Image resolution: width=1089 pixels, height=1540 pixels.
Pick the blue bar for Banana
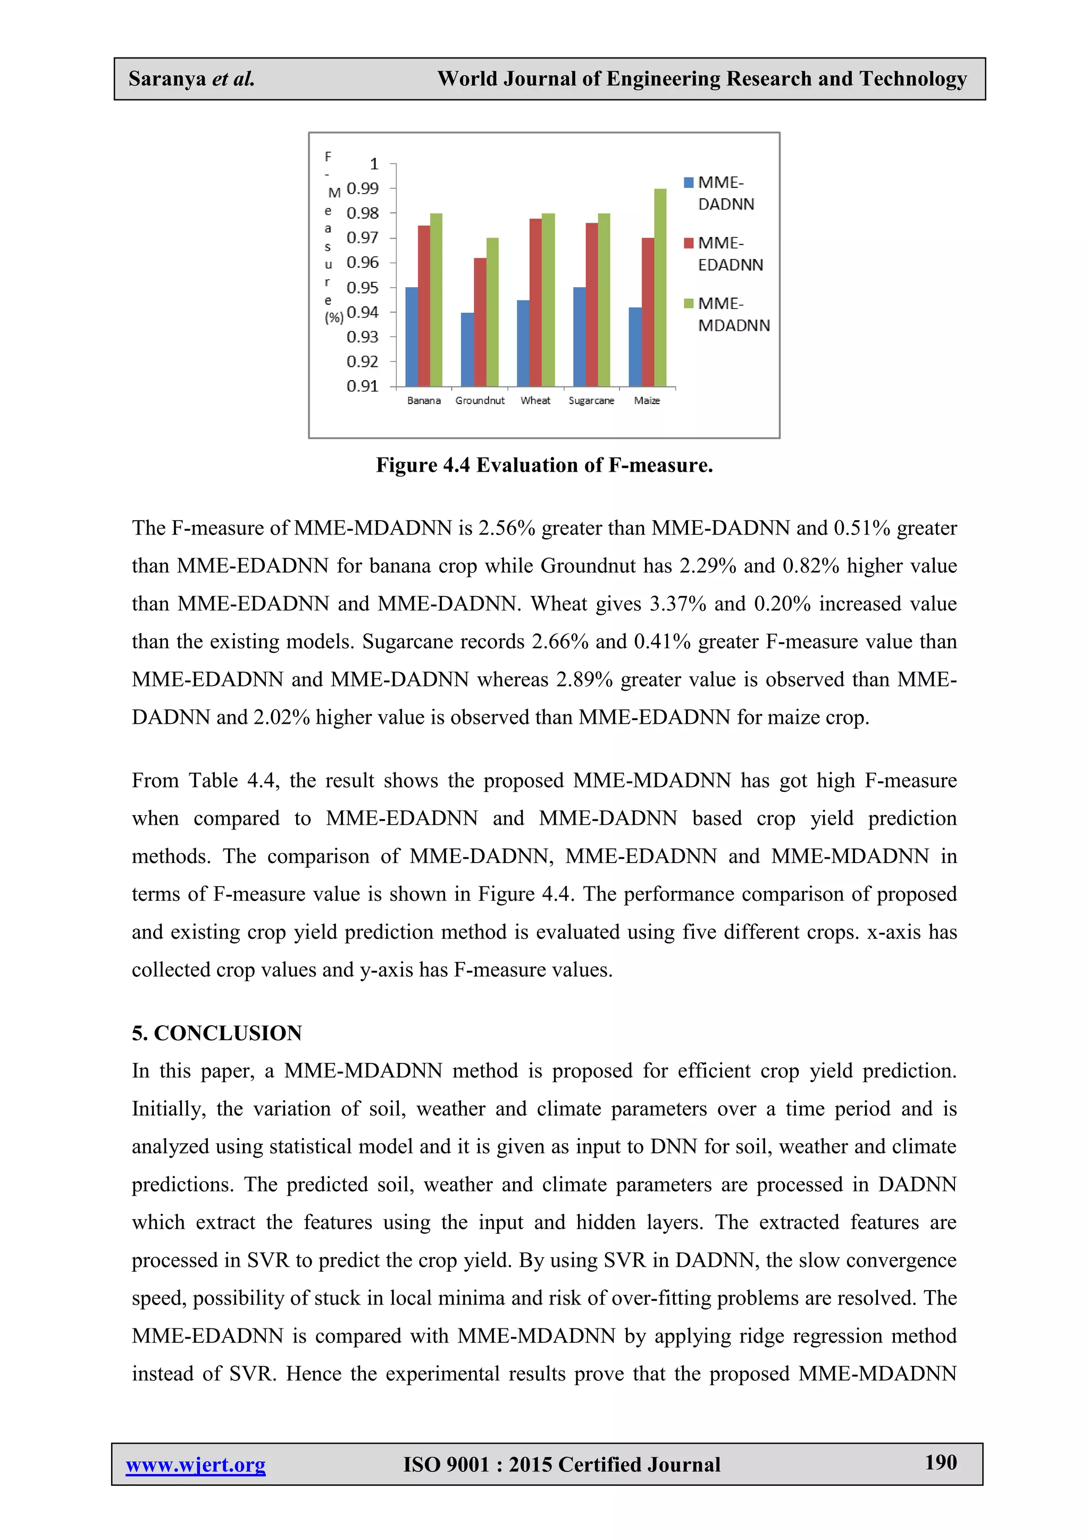(411, 337)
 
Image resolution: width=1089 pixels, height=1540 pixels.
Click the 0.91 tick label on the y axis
(363, 387)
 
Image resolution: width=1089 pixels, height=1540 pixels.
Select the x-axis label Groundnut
(480, 400)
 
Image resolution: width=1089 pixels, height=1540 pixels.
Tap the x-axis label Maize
(647, 400)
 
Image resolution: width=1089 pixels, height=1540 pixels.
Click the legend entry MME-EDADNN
(730, 254)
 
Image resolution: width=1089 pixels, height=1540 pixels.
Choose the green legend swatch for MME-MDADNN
(688, 304)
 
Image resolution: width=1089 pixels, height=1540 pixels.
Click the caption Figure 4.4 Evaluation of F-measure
(544, 465)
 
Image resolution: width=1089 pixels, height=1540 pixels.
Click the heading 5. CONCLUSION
(216, 1033)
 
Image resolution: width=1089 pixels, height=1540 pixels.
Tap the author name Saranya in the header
(167, 79)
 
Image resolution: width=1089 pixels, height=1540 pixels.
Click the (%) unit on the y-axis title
(334, 317)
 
